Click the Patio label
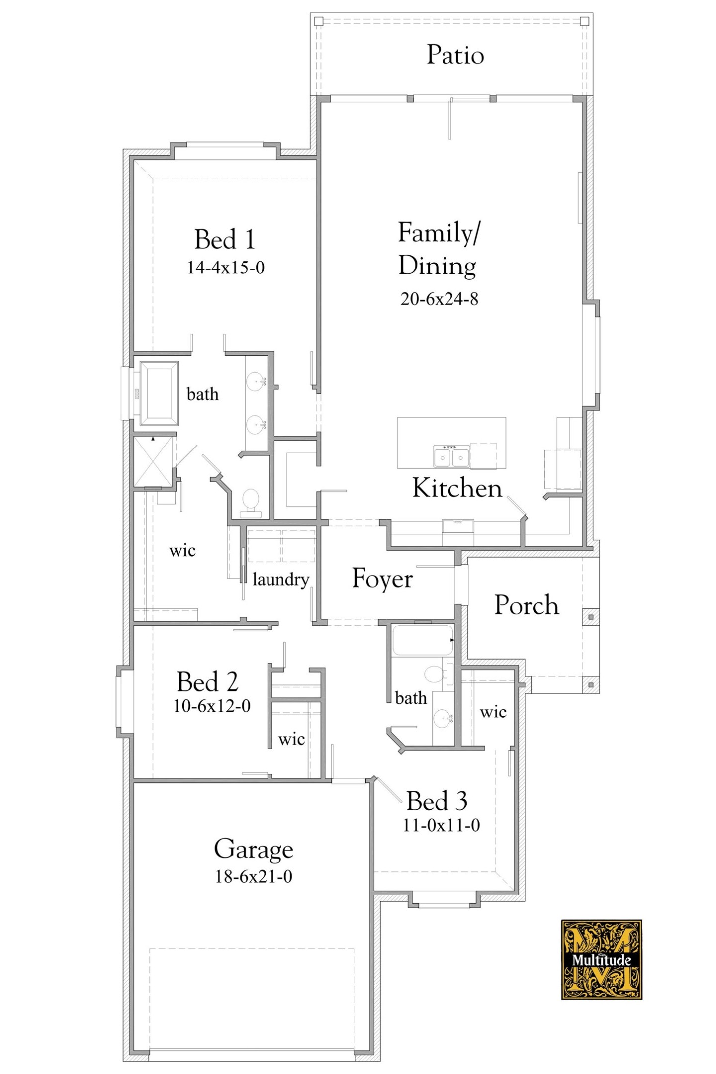coord(455,55)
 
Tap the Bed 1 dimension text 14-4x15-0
coord(225,268)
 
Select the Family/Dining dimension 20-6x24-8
coord(439,299)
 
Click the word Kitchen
coord(457,488)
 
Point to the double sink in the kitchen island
coord(451,457)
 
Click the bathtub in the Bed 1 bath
coord(159,393)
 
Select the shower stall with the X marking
coord(153,461)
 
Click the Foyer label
coord(382,579)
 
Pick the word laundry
coord(280,579)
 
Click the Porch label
coord(526,605)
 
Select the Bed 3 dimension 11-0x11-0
coord(441,826)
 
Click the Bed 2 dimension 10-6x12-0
coord(211,706)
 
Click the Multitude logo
coord(601,960)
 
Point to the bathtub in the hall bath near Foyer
coord(422,640)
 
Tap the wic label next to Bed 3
coord(493,712)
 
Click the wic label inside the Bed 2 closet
coord(291,739)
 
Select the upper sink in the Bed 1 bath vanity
coord(255,382)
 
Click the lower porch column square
coord(591,685)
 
